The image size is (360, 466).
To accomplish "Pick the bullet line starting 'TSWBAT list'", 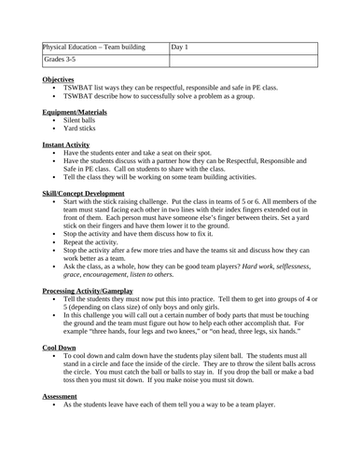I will pyautogui.click(x=177, y=89).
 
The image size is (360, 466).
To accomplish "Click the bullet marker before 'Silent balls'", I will pyautogui.click(x=55, y=121).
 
